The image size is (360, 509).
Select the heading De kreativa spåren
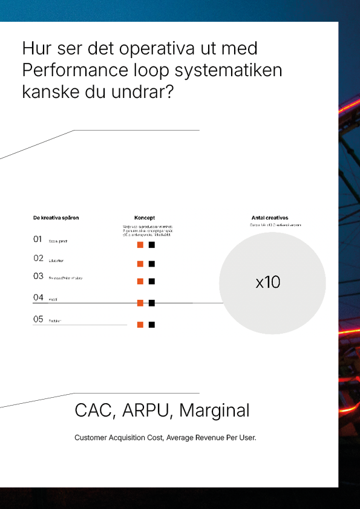point(56,218)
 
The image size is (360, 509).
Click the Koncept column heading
point(145,218)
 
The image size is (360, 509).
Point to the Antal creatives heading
point(270,218)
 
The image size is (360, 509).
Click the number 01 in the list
point(38,239)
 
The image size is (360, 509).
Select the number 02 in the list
point(38,258)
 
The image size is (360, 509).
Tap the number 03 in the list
point(38,276)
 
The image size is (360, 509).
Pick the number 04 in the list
point(38,297)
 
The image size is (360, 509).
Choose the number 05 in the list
point(38,319)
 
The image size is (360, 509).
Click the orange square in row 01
point(140,245)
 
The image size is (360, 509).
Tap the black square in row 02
point(152,264)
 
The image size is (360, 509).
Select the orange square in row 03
point(140,281)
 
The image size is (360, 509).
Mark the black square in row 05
point(152,325)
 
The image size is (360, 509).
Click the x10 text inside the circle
point(268,282)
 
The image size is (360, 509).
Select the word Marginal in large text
point(214,410)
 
